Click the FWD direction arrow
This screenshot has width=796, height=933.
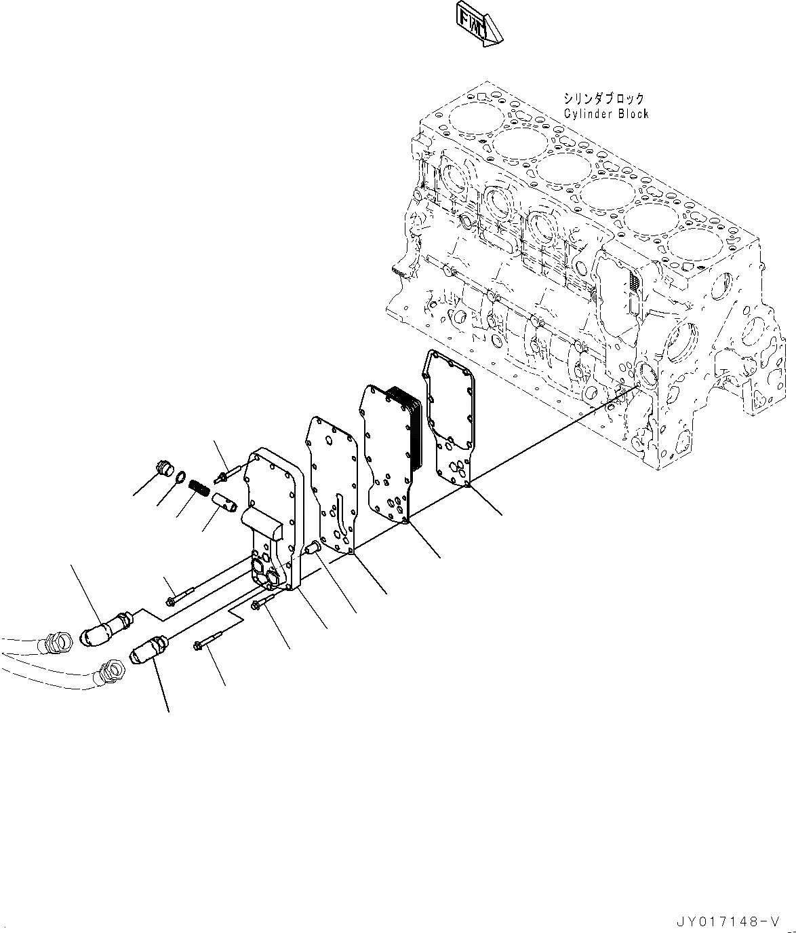pos(480,28)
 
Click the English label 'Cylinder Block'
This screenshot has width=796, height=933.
pos(605,113)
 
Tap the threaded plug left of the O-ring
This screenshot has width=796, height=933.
pos(165,468)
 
